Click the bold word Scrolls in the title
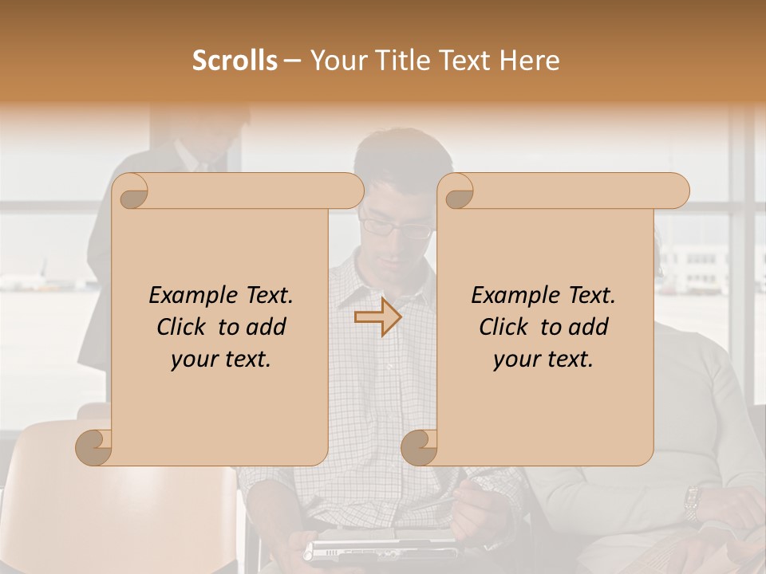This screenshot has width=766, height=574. click(235, 61)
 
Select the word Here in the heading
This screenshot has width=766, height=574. click(530, 61)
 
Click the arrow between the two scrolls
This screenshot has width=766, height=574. click(377, 318)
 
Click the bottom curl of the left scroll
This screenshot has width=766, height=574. click(94, 447)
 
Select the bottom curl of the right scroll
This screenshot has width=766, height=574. click(420, 447)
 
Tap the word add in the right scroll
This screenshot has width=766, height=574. click(588, 327)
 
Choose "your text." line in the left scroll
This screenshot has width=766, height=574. click(220, 359)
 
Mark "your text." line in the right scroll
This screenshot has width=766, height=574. click(543, 359)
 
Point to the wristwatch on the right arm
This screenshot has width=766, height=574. click(692, 502)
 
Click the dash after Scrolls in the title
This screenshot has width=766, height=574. click(292, 61)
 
